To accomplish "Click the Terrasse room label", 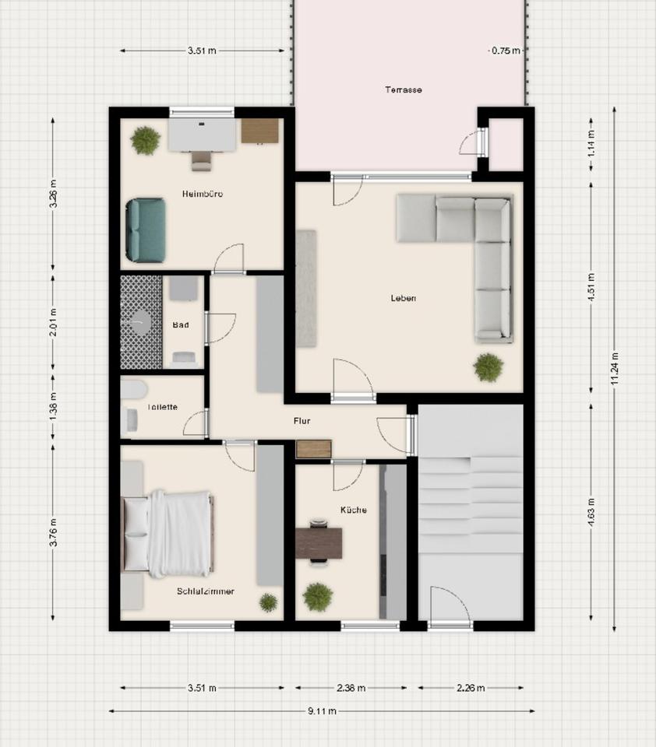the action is click(x=403, y=89).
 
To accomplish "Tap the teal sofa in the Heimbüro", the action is click(x=146, y=230).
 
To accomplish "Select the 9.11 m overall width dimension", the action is click(x=322, y=711).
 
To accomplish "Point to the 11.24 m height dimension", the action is click(x=615, y=369).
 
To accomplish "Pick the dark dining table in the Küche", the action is click(x=319, y=542).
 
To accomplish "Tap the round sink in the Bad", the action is click(x=141, y=322).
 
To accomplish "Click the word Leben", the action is click(x=403, y=298).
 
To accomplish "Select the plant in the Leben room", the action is click(x=488, y=367).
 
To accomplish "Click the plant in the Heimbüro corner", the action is click(x=145, y=141).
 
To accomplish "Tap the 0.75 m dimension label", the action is click(x=506, y=51).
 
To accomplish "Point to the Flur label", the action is click(x=302, y=421).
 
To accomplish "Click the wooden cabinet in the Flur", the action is click(x=313, y=449).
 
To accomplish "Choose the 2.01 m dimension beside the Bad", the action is click(x=53, y=322).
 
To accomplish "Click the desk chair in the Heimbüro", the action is click(x=201, y=160).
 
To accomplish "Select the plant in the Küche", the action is click(x=318, y=597).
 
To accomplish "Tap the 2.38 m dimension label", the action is click(x=351, y=688).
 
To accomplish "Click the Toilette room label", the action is click(x=162, y=407).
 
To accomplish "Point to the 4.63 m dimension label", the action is click(x=591, y=512).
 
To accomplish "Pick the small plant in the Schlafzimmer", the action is click(x=268, y=602).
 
